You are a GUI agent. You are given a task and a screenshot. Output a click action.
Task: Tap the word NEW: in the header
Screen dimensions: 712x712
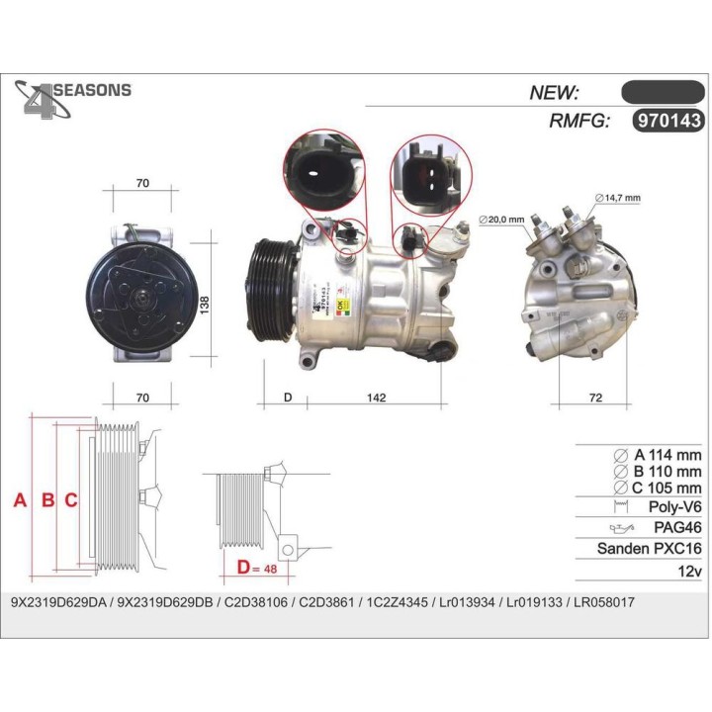(555, 92)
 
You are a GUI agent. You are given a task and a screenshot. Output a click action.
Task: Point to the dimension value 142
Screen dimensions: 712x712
(376, 398)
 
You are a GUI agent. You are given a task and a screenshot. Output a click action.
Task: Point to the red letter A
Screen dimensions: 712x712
(20, 500)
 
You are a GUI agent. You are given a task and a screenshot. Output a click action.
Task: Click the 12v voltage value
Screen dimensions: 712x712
(689, 572)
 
